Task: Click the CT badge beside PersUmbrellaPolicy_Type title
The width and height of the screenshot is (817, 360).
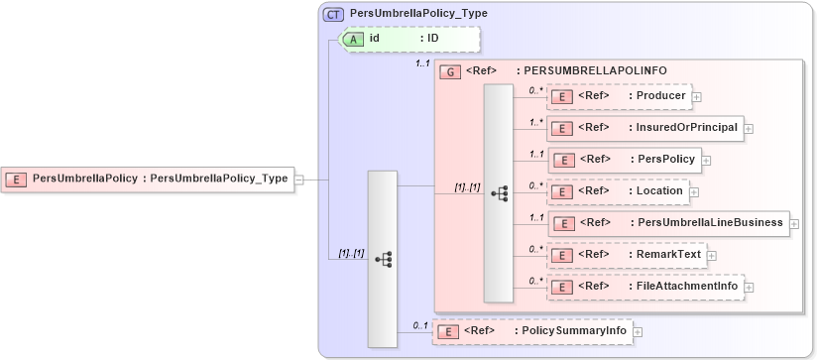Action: tap(335, 14)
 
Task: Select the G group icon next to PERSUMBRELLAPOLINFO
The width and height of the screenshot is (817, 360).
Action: tap(450, 71)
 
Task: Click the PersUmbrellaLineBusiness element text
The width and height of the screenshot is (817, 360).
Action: tap(706, 222)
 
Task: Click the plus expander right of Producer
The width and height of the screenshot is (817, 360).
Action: tap(697, 97)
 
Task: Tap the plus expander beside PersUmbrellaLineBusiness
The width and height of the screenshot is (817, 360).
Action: tap(794, 224)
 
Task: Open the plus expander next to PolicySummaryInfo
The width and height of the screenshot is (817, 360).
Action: tap(638, 331)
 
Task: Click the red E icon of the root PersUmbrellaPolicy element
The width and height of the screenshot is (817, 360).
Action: tap(17, 180)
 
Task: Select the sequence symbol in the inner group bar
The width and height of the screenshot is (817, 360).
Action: tap(498, 192)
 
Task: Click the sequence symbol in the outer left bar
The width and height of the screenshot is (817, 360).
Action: tap(383, 259)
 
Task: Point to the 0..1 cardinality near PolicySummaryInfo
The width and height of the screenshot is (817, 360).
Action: tap(420, 324)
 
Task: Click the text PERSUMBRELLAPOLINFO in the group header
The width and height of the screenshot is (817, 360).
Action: tap(595, 71)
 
